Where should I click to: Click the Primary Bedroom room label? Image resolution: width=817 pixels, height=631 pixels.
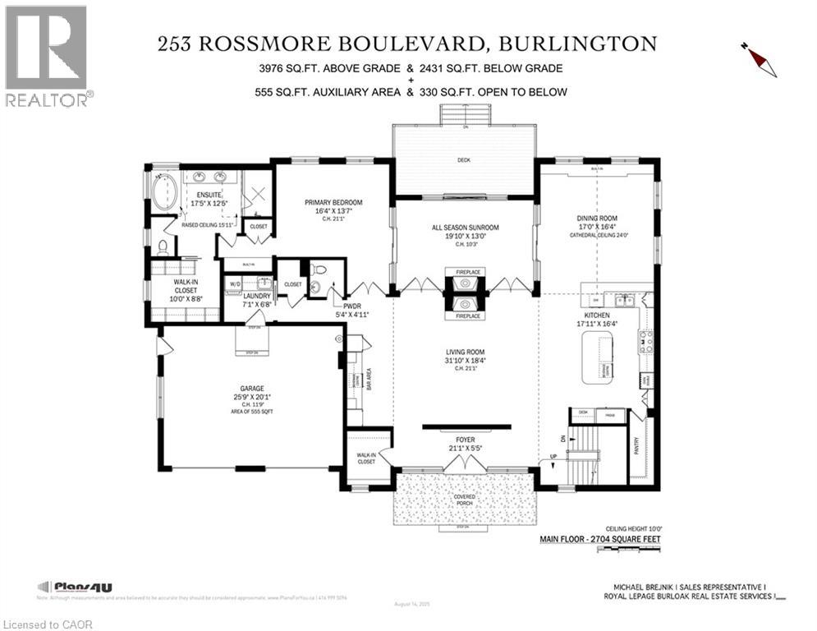click(x=333, y=202)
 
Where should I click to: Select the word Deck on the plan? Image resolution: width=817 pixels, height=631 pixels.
click(x=465, y=161)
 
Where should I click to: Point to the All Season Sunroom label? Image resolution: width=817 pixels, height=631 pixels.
click(x=465, y=228)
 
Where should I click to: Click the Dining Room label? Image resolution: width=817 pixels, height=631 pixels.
click(x=597, y=219)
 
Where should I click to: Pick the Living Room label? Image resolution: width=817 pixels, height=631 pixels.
click(x=465, y=352)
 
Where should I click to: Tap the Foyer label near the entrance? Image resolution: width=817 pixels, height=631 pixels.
click(x=465, y=441)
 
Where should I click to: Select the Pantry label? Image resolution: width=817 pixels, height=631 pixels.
click(x=637, y=444)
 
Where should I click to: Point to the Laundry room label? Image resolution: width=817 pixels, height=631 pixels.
click(x=256, y=296)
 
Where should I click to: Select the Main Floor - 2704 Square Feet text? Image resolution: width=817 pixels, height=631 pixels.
click(x=599, y=540)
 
